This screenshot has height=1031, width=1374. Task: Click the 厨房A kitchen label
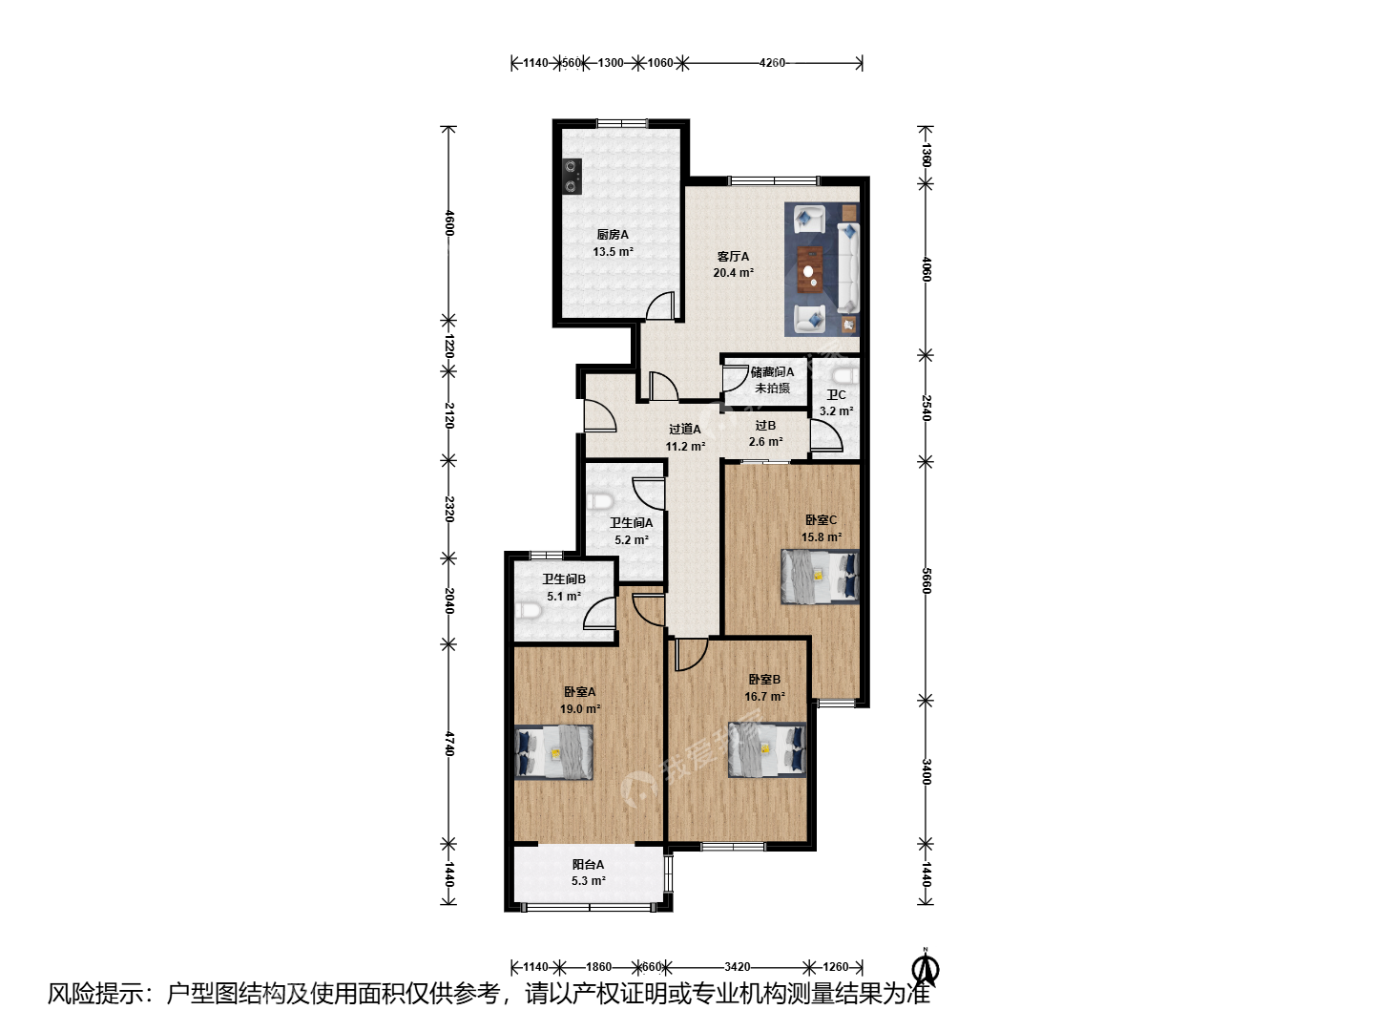[613, 235]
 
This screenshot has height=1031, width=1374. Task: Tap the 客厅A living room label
[733, 257]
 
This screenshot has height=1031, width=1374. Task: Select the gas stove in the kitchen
[133, 178]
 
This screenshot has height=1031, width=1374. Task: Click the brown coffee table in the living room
[811, 270]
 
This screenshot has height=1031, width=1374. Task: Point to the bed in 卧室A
[554, 752]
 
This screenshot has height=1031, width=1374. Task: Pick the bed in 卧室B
[767, 750]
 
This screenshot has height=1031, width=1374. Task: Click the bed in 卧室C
[820, 577]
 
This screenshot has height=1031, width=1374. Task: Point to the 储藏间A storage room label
[772, 372]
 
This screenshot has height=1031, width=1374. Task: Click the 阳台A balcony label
[588, 865]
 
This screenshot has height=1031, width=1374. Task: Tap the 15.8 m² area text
[822, 537]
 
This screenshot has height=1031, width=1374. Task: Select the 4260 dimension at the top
[772, 63]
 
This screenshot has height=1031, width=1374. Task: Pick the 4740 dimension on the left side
[448, 743]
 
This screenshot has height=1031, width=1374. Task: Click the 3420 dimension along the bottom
[737, 967]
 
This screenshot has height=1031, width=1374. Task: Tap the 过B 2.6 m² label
[765, 433]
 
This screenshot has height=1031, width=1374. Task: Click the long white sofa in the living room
[849, 268]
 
